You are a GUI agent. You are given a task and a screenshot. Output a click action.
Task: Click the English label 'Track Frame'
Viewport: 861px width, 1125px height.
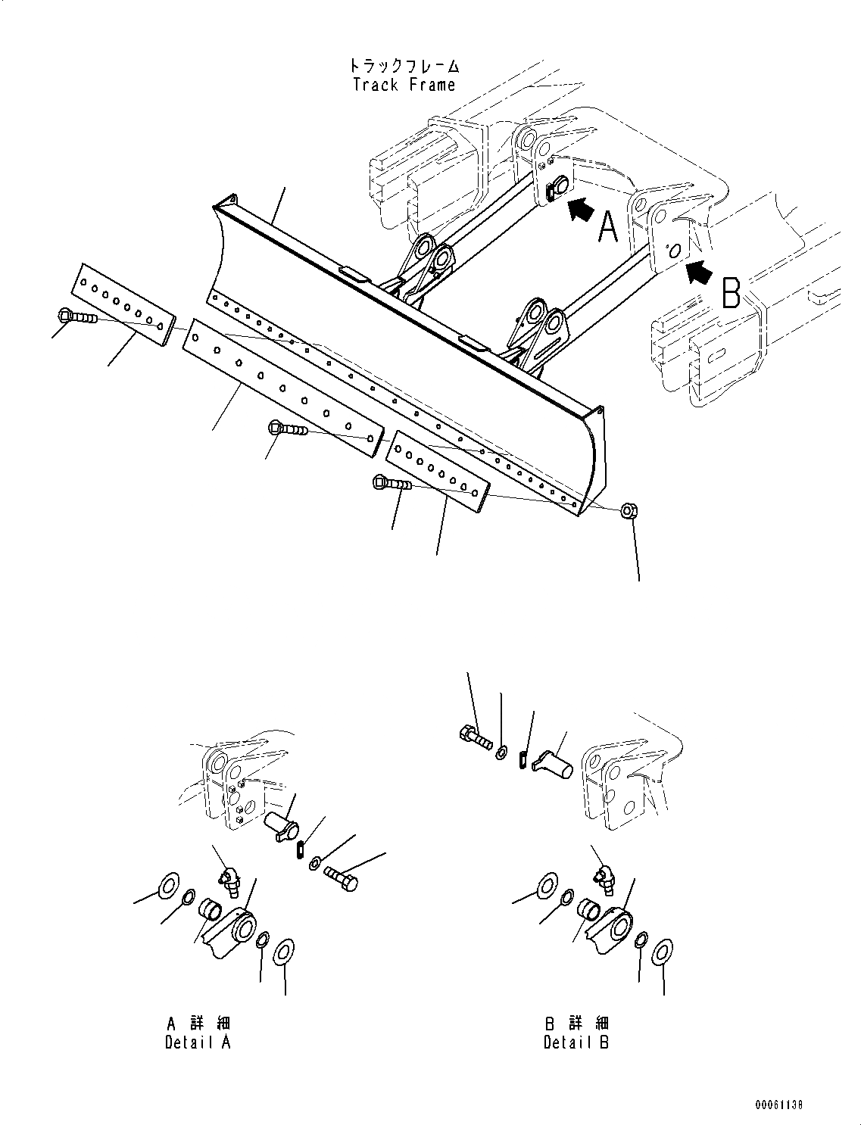coord(404,85)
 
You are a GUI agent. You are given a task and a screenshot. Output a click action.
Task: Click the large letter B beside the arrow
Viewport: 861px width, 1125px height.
coord(731,294)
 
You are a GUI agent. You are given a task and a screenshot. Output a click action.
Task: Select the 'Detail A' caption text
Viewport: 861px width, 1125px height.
coord(198,1042)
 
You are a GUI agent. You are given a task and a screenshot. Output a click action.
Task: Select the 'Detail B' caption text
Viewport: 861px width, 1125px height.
coord(576,1042)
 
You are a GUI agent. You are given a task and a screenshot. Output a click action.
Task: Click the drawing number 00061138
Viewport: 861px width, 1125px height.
coord(778,1105)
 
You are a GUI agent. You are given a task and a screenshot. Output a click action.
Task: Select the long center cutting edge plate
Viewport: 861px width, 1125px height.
coord(282,386)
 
